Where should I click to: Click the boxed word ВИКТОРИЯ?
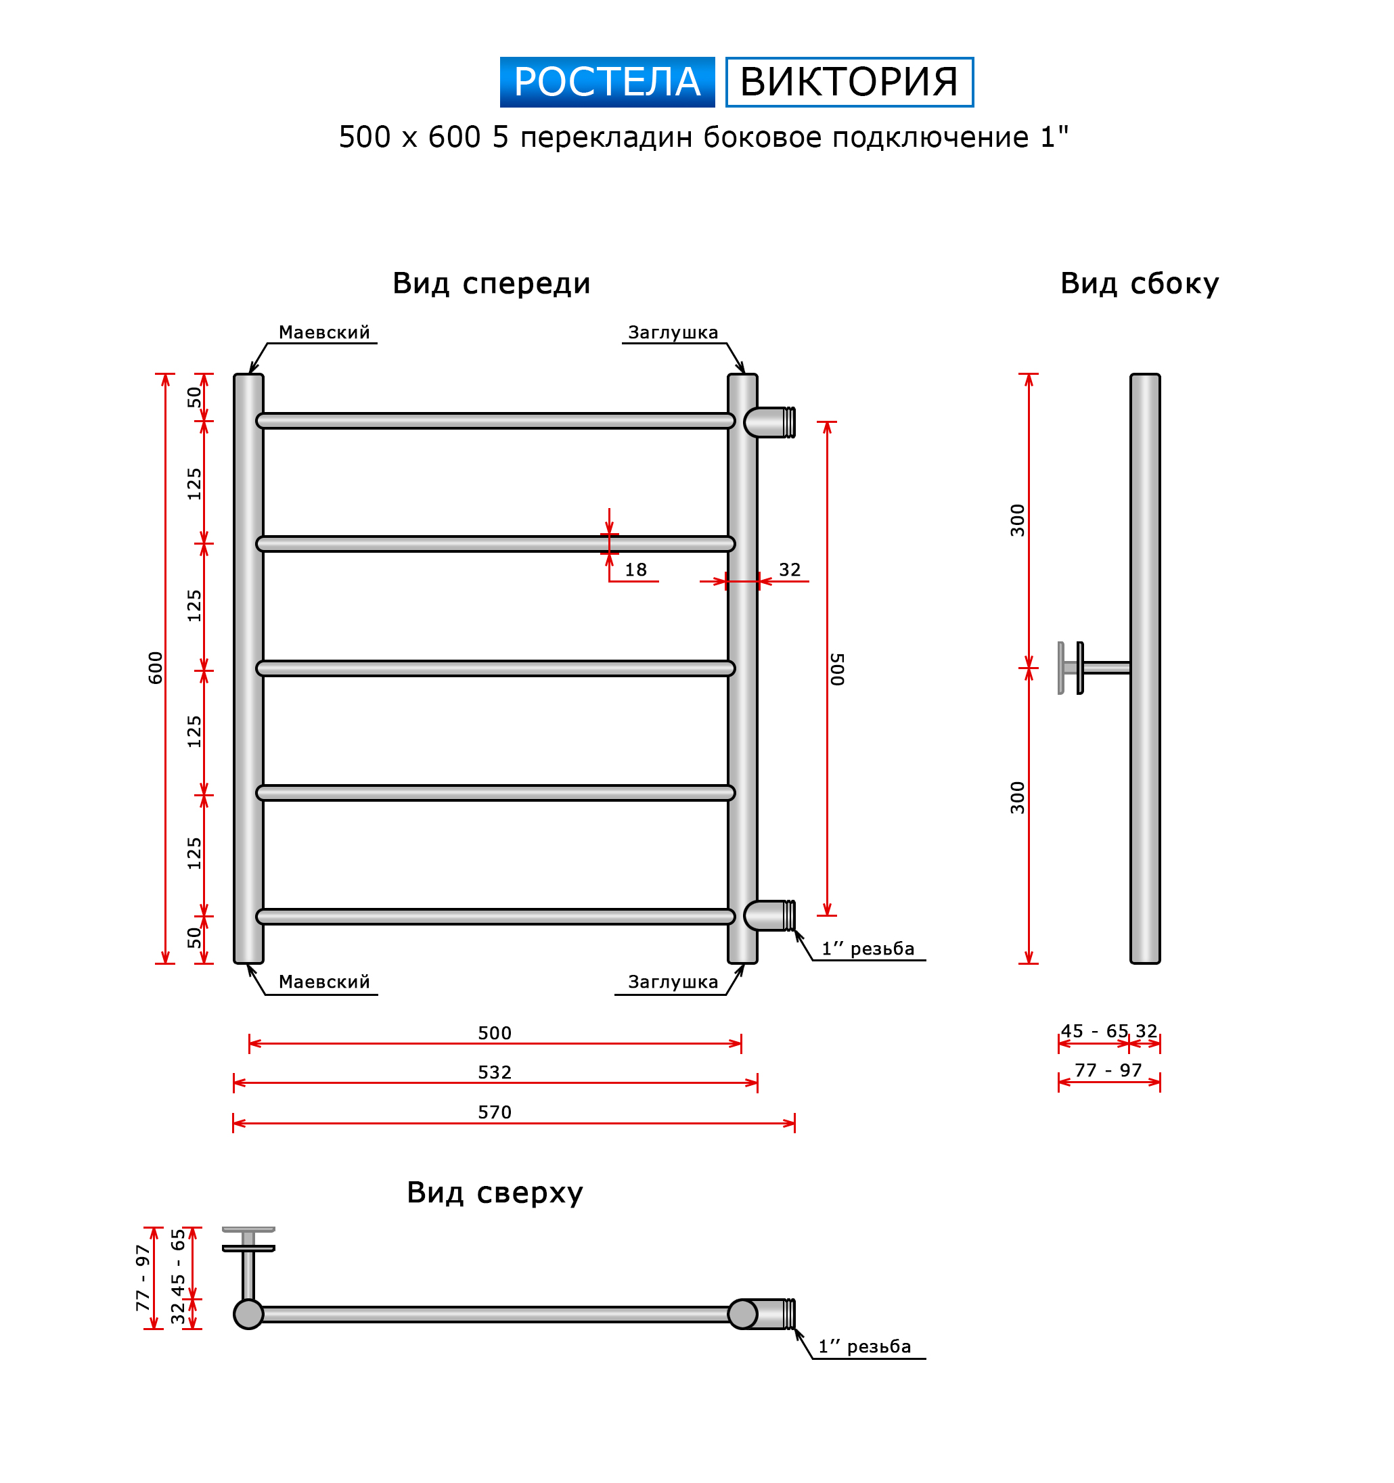tap(849, 82)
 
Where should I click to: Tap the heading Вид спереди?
tap(491, 283)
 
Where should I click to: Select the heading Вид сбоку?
tap(1139, 283)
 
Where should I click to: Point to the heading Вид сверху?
tap(494, 1192)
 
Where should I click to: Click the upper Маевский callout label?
tap(324, 333)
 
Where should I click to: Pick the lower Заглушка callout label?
tap(673, 982)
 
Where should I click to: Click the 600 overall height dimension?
tap(155, 668)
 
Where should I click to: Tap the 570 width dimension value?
tap(494, 1112)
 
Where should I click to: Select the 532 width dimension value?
tap(494, 1072)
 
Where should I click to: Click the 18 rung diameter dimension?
tap(635, 570)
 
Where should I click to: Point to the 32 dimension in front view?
tap(790, 570)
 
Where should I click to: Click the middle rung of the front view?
tap(495, 668)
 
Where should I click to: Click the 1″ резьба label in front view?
tap(867, 949)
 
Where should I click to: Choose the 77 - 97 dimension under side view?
tap(1108, 1070)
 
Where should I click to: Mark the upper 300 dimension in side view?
tap(1017, 520)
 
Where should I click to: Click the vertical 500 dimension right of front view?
tap(837, 669)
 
